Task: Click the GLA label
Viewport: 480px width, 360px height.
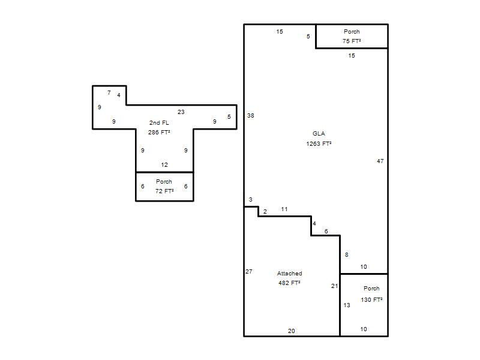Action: pos(319,133)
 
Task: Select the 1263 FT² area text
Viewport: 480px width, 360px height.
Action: pos(319,143)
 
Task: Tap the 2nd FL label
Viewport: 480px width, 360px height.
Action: pos(159,123)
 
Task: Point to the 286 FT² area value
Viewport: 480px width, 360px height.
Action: pos(159,132)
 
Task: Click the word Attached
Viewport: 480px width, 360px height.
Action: pos(290,274)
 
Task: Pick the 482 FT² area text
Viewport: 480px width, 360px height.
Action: pos(289,283)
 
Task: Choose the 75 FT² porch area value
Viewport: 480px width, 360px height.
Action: pos(352,41)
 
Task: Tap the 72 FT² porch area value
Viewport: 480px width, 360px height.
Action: pos(164,191)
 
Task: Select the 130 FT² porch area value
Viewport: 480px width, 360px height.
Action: pos(371,299)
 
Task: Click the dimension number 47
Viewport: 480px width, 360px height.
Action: pos(380,161)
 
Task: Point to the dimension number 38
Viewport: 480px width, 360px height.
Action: pos(251,115)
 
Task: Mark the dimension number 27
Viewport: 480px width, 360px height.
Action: pos(249,272)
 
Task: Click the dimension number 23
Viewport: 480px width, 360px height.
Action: pos(181,112)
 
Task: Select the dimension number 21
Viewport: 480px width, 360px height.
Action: pos(334,286)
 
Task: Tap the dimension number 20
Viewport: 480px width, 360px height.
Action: pos(292,331)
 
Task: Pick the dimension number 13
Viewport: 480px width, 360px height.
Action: pos(347,305)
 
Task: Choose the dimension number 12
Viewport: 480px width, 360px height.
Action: pos(164,164)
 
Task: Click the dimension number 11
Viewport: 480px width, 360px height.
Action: pos(284,209)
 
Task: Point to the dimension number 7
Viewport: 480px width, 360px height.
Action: pos(109,93)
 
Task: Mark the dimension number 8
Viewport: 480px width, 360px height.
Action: pos(347,254)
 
